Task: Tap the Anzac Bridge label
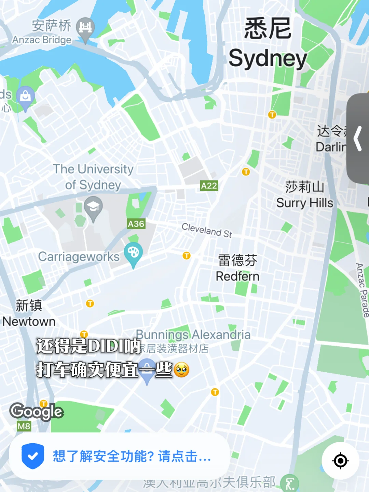pyautogui.click(x=42, y=40)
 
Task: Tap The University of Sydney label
pyautogui.click(x=93, y=177)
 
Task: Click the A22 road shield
pyautogui.click(x=209, y=186)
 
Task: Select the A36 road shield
pyautogui.click(x=136, y=224)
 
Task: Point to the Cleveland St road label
pyautogui.click(x=207, y=230)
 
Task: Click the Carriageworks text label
pyautogui.click(x=79, y=257)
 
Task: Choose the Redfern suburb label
pyautogui.click(x=237, y=276)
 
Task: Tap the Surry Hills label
pyautogui.click(x=304, y=203)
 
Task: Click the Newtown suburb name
pyautogui.click(x=29, y=321)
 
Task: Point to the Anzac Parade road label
pyautogui.click(x=362, y=290)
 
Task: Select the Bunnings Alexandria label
pyautogui.click(x=193, y=334)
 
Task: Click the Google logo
pyautogui.click(x=36, y=411)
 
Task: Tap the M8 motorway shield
pyautogui.click(x=24, y=426)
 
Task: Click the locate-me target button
pyautogui.click(x=340, y=461)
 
